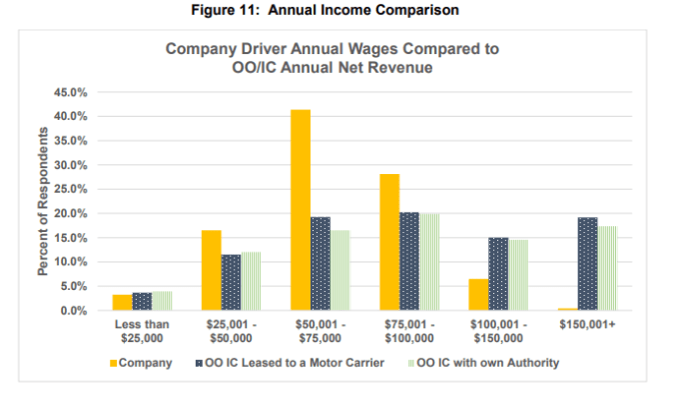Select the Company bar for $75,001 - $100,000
click(x=389, y=242)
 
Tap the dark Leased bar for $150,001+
click(x=586, y=264)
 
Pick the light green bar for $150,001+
click(x=606, y=268)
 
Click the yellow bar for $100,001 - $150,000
click(x=478, y=294)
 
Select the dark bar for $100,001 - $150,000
click(x=498, y=274)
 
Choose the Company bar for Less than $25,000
click(x=122, y=302)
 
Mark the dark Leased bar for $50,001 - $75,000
click(x=321, y=263)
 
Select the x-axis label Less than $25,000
click(x=142, y=331)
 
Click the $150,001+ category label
click(x=587, y=325)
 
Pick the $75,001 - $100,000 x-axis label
click(x=409, y=331)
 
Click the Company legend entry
click(x=139, y=362)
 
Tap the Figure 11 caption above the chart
click(x=341, y=12)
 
